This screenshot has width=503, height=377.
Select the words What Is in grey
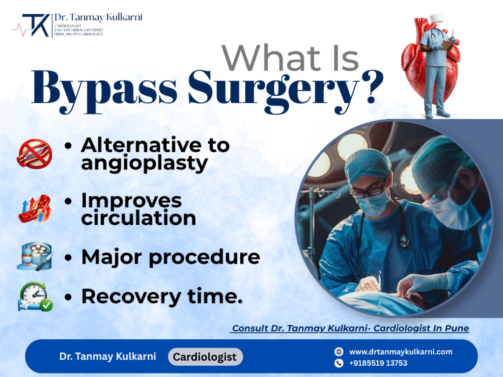(x=290, y=57)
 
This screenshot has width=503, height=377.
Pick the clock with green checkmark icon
(x=34, y=296)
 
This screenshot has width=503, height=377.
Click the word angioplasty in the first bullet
(x=144, y=163)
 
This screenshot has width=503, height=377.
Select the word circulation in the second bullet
(x=139, y=217)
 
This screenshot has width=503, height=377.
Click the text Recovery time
(x=162, y=296)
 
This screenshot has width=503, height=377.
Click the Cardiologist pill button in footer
(x=205, y=357)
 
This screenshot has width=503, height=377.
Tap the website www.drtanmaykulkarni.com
(x=401, y=351)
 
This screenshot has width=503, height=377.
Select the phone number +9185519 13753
(x=378, y=363)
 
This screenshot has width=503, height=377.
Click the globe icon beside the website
(x=338, y=351)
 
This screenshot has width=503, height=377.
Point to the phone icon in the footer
(x=338, y=363)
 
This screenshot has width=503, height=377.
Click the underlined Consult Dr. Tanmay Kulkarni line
(x=350, y=328)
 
